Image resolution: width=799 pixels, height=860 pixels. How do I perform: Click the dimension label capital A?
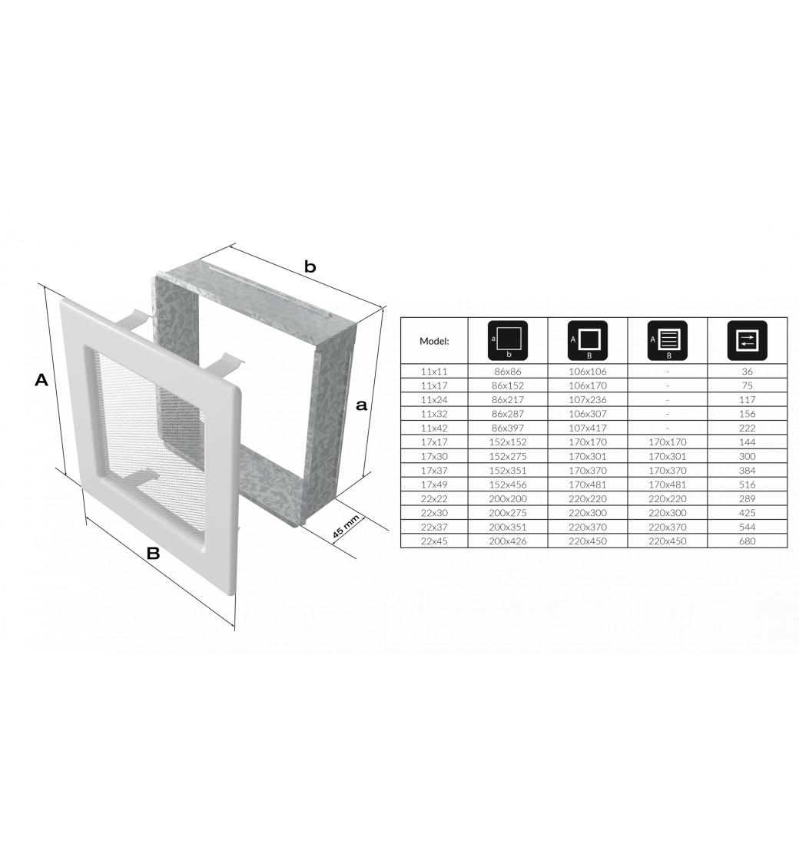click(x=41, y=379)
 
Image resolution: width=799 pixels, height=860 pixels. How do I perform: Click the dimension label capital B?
click(x=153, y=553)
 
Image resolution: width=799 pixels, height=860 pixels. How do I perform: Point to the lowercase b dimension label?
click(x=310, y=267)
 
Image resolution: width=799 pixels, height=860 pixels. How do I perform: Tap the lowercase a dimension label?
click(x=361, y=405)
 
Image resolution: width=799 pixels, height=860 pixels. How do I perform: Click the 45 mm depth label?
click(x=346, y=526)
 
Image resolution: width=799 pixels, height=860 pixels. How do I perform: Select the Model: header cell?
click(x=434, y=341)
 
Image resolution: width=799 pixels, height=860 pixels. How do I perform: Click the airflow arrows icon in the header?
click(x=747, y=341)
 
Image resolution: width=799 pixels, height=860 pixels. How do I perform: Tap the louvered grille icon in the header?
click(x=668, y=341)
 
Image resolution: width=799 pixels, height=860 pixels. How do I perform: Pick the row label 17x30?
click(x=434, y=456)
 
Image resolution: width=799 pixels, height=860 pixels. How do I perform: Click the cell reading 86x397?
click(x=508, y=428)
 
